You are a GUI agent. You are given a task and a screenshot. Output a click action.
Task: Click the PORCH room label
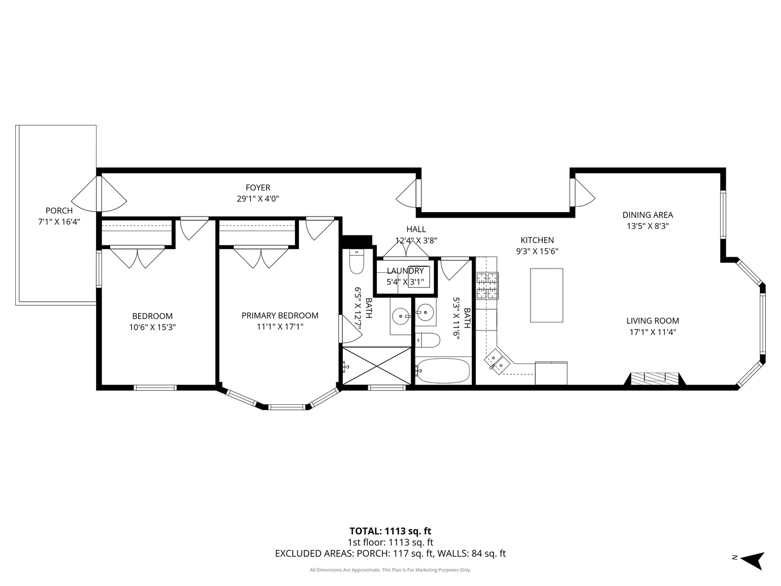tap(59, 211)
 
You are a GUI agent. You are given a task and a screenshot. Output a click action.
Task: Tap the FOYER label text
tap(258, 188)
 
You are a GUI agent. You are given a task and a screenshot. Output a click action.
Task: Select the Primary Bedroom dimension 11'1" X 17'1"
tap(280, 327)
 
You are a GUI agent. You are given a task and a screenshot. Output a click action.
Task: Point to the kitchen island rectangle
tap(547, 295)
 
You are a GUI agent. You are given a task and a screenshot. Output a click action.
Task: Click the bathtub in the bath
tap(443, 371)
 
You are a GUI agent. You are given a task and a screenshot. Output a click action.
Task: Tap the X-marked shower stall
tap(377, 366)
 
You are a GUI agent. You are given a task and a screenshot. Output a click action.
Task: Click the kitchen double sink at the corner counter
tap(497, 361)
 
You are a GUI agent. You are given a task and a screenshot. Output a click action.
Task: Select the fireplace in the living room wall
tap(655, 379)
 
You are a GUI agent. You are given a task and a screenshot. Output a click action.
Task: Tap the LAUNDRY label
tap(405, 271)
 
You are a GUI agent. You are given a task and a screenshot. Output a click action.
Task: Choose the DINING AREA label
tap(648, 215)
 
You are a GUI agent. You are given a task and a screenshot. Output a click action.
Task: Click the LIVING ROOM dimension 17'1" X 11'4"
tap(652, 332)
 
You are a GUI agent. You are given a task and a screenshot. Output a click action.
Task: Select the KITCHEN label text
tap(537, 240)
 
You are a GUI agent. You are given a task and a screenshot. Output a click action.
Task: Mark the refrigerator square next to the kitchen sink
tap(551, 373)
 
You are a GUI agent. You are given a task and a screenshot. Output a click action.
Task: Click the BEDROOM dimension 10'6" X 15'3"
tap(152, 327)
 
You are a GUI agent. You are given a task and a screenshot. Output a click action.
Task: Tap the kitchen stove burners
tap(488, 285)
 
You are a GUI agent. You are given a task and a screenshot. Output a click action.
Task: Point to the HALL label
tap(417, 230)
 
